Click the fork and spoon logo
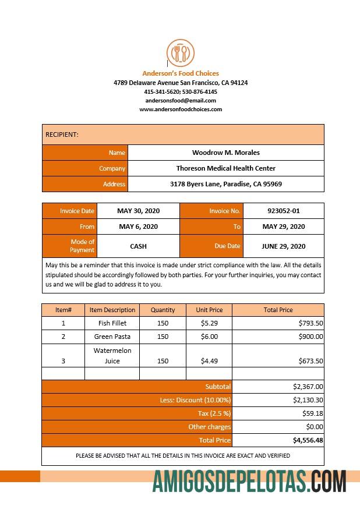pyautogui.click(x=181, y=53)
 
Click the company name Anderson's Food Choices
pyautogui.click(x=181, y=73)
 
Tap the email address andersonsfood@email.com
pyautogui.click(x=181, y=100)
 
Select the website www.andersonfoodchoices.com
pyautogui.click(x=181, y=109)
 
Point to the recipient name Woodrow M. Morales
pyautogui.click(x=226, y=153)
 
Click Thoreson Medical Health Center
pyautogui.click(x=226, y=168)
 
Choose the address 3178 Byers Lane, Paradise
pyautogui.click(x=226, y=184)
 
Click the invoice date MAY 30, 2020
pyautogui.click(x=138, y=211)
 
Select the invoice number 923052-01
pyautogui.click(x=283, y=211)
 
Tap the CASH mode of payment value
pyautogui.click(x=138, y=246)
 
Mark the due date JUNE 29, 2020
pyautogui.click(x=283, y=246)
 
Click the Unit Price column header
pyautogui.click(x=209, y=310)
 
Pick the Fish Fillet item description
pyautogui.click(x=112, y=323)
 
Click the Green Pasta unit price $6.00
pyautogui.click(x=209, y=337)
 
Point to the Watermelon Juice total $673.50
pyautogui.click(x=310, y=361)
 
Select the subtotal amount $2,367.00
pyautogui.click(x=308, y=386)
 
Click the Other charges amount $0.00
pyautogui.click(x=315, y=427)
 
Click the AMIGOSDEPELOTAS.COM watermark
pyautogui.click(x=249, y=482)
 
